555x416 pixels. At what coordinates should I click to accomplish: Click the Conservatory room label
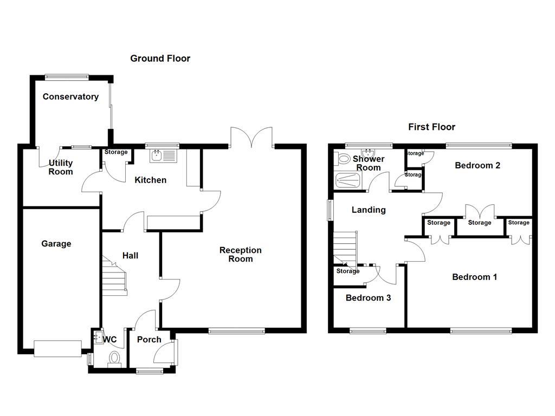click(x=70, y=97)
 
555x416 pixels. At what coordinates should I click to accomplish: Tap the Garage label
click(x=56, y=244)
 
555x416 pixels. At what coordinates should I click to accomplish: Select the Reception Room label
click(x=240, y=255)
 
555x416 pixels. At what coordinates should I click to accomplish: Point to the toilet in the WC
click(x=115, y=359)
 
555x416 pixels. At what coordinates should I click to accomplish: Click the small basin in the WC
click(x=98, y=337)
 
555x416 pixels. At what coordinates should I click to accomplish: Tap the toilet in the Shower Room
click(x=343, y=159)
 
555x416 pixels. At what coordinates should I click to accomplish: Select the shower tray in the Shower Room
click(x=349, y=180)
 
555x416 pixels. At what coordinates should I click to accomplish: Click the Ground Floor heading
click(x=160, y=58)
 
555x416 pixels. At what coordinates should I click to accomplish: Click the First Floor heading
click(x=431, y=127)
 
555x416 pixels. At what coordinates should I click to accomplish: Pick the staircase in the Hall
click(x=114, y=276)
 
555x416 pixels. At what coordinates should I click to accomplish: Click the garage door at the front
click(x=57, y=348)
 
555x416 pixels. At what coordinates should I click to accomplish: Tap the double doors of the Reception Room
click(x=251, y=137)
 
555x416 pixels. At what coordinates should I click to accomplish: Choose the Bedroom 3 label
click(x=368, y=298)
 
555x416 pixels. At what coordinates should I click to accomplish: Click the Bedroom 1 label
click(x=474, y=277)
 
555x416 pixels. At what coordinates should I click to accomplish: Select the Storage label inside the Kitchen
click(x=115, y=153)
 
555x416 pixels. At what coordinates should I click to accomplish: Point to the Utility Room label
click(x=61, y=167)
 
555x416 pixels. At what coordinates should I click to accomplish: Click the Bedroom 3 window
click(x=367, y=331)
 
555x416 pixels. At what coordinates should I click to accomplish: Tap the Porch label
click(x=149, y=340)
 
